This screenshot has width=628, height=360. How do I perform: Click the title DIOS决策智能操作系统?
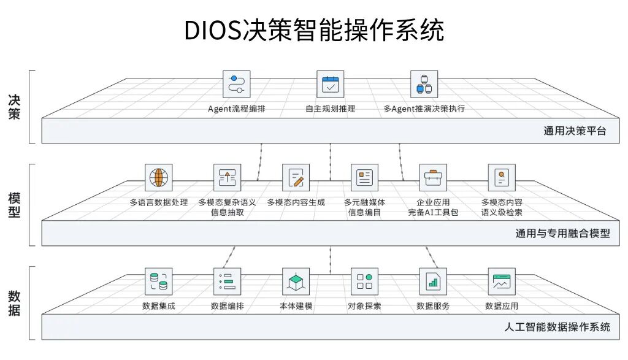[314, 29]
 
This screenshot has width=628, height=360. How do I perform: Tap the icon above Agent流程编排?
[236, 84]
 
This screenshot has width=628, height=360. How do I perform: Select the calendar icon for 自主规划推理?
[330, 84]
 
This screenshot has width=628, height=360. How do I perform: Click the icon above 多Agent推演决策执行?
[424, 84]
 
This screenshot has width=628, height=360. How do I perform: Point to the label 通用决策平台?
[574, 130]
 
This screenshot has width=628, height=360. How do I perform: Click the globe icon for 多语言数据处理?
[158, 177]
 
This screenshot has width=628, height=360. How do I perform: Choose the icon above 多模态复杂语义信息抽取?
[227, 177]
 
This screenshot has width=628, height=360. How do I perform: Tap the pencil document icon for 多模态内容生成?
[296, 177]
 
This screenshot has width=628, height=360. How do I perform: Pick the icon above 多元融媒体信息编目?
[364, 177]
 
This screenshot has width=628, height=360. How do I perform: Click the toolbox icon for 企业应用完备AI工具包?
[433, 177]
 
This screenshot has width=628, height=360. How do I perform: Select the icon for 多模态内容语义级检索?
[502, 177]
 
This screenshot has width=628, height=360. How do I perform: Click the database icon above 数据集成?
[158, 281]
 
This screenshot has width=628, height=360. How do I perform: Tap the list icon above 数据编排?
[227, 281]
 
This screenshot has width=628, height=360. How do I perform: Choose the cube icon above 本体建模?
[296, 281]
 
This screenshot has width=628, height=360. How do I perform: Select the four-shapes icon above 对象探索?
[364, 281]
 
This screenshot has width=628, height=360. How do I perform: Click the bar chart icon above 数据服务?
[433, 281]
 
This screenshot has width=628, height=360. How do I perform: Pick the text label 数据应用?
[502, 306]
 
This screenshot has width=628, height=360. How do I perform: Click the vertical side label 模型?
[14, 205]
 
